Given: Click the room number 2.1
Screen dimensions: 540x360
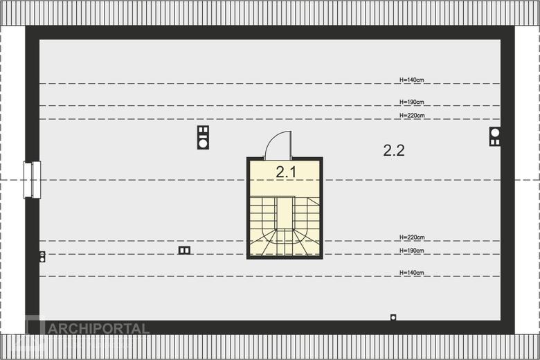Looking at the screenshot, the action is (286, 172).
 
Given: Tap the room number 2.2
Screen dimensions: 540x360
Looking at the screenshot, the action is (394, 150).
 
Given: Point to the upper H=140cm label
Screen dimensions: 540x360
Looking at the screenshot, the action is (411, 80).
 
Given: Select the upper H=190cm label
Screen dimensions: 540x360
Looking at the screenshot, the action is (411, 102).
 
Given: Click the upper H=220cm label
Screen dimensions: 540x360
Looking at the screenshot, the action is (412, 116).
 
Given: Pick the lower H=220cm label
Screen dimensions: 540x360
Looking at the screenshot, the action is (412, 237).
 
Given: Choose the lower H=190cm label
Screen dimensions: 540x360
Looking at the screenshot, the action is (411, 251).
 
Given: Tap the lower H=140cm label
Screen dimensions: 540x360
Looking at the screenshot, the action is (411, 273).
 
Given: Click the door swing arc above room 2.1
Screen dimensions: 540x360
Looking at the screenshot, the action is (273, 138).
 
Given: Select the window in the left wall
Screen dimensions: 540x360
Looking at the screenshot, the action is (33, 179).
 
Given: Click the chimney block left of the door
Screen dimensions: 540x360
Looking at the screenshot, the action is (203, 137).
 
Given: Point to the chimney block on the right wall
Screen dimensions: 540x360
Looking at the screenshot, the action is (495, 136).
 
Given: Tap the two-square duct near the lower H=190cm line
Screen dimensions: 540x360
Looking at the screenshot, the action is (184, 250).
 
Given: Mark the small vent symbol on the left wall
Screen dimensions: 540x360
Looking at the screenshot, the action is (42, 257).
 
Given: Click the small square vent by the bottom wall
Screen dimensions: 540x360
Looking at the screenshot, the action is (393, 317).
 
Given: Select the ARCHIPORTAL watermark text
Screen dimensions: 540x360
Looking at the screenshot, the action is (98, 328).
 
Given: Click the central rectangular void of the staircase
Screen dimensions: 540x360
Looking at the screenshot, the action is (285, 213).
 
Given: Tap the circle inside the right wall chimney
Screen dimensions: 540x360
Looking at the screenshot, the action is (495, 132).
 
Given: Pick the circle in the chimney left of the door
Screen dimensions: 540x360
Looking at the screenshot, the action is (203, 143).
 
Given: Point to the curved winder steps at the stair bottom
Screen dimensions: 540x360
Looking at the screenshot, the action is (285, 242).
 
